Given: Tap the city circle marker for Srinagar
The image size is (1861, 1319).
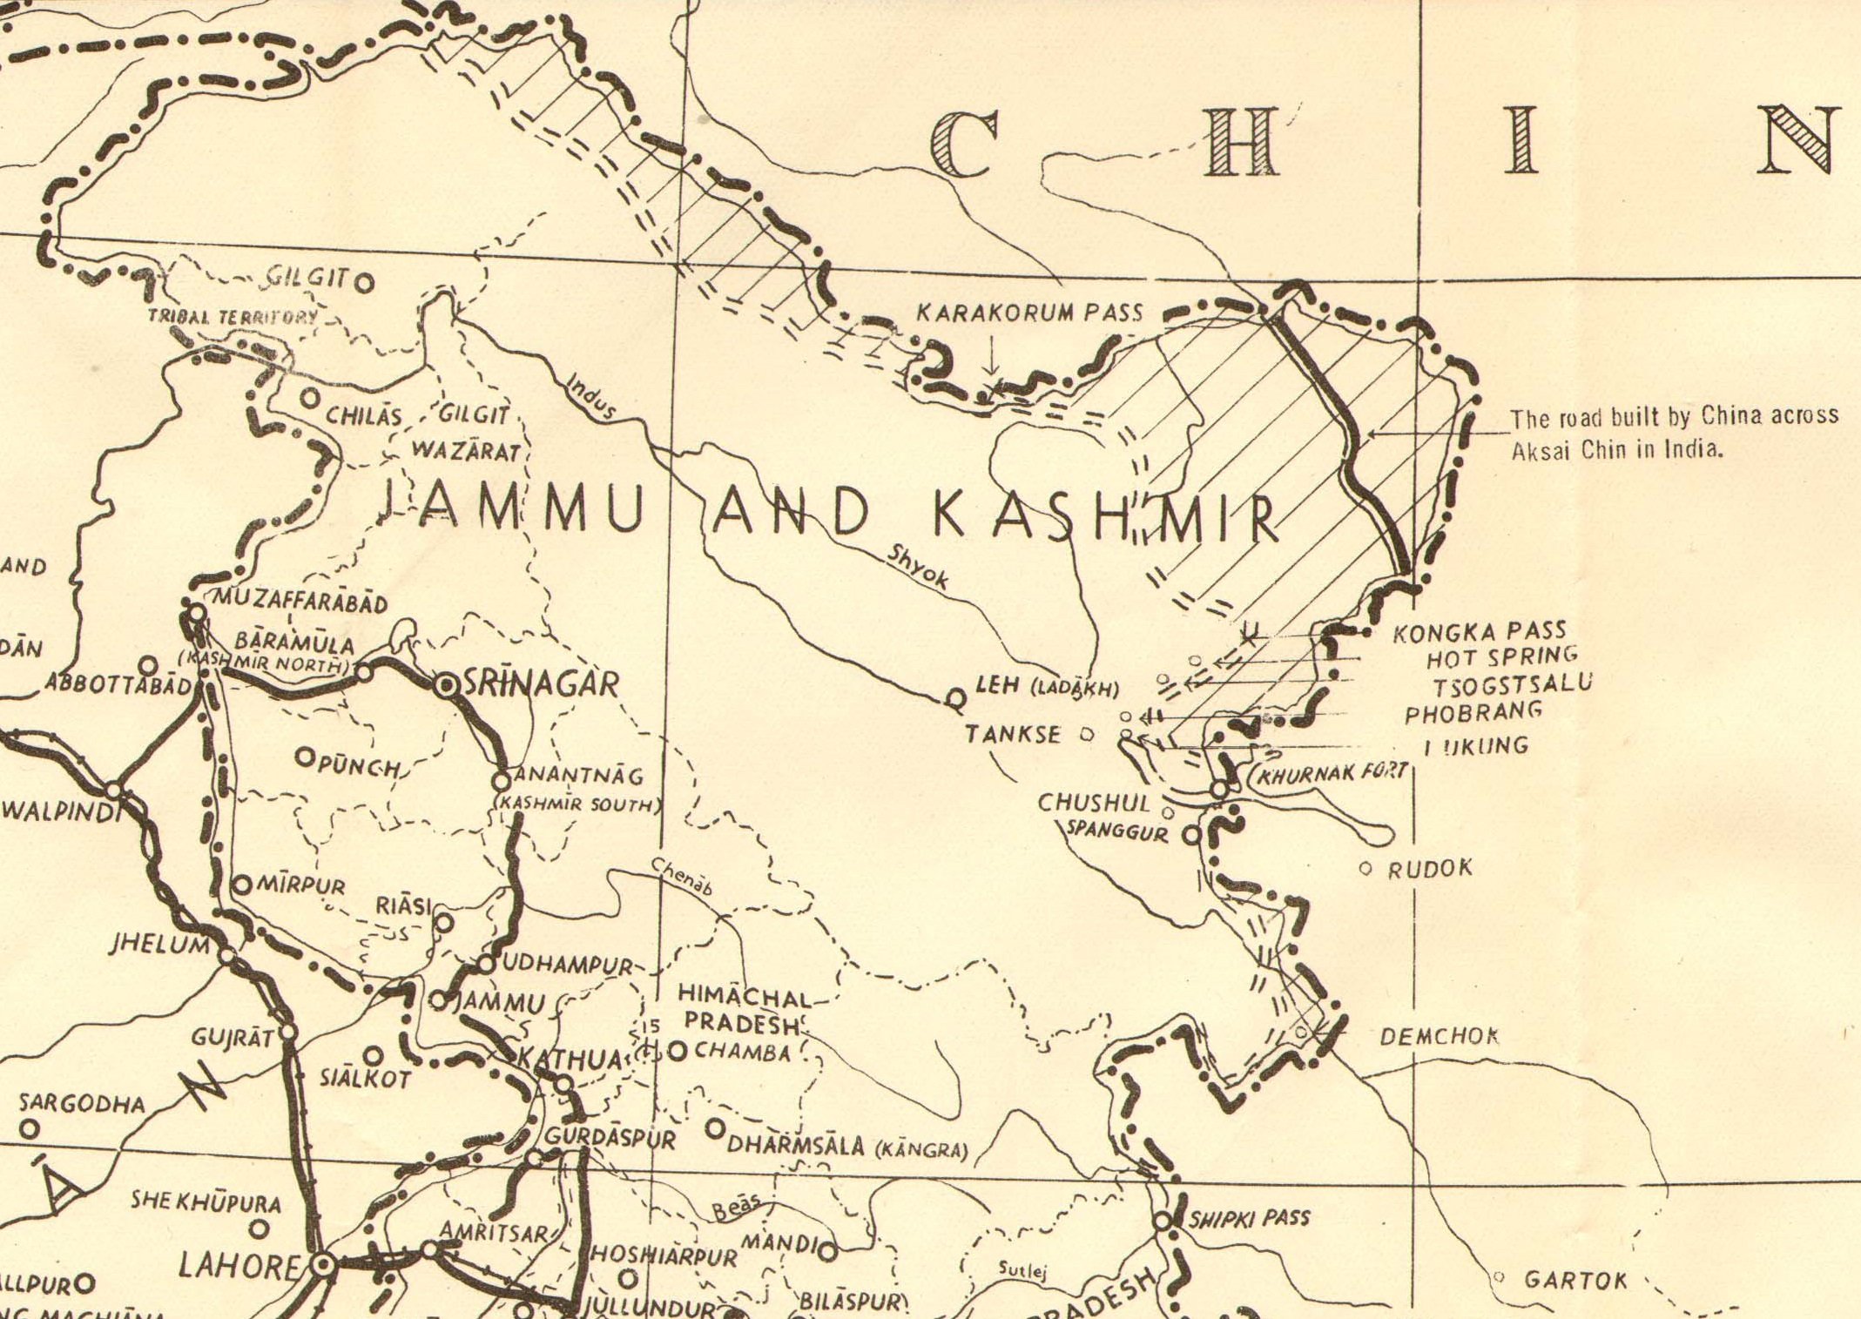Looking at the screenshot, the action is [446, 685].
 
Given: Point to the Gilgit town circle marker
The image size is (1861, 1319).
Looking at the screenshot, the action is [366, 282].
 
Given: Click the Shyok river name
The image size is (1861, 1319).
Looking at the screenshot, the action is [916, 568].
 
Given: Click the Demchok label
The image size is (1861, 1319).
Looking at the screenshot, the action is [1440, 1036].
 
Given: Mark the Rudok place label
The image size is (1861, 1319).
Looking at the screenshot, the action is [1429, 868].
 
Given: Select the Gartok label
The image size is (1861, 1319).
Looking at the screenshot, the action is [1574, 1280].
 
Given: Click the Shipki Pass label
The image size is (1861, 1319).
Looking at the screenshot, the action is [1249, 1218].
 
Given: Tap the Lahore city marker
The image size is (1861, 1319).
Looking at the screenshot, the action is [322, 1263].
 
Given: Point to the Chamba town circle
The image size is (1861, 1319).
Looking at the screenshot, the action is [678, 1051].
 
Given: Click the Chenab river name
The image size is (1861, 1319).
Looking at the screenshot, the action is [681, 877].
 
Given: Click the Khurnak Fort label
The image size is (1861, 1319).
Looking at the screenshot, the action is [1331, 773].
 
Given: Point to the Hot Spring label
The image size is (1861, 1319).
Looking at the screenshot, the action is [1501, 655].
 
